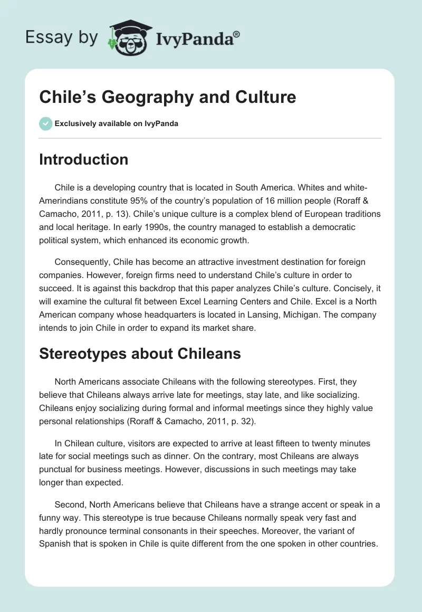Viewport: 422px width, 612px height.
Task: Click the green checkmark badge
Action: point(45,123)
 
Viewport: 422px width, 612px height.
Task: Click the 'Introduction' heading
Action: point(84,159)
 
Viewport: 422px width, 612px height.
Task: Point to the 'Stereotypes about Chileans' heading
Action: point(140,353)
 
